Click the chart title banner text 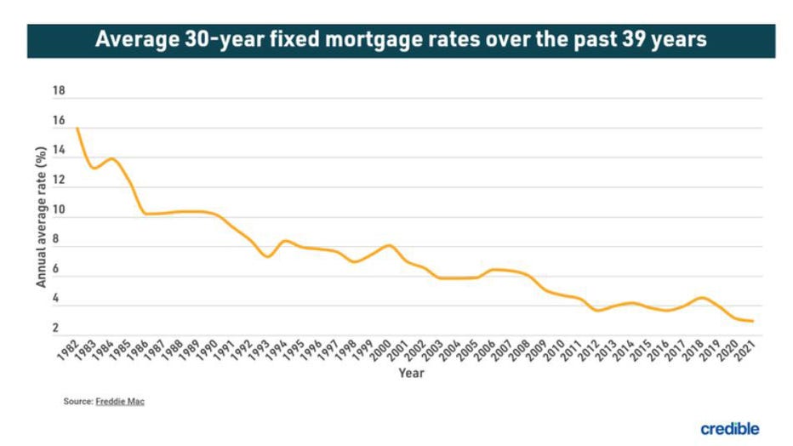pyautogui.click(x=401, y=40)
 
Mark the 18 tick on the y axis pyautogui.click(x=59, y=91)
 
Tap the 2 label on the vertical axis pyautogui.click(x=55, y=329)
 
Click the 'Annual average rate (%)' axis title pyautogui.click(x=41, y=217)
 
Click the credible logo pyautogui.click(x=729, y=428)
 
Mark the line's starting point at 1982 pyautogui.click(x=77, y=129)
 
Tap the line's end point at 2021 pyautogui.click(x=753, y=321)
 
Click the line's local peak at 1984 pyautogui.click(x=111, y=158)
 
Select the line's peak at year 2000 pyautogui.click(x=389, y=245)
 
